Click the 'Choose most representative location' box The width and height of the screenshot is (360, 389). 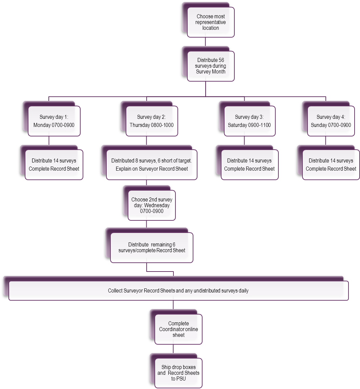click(x=211, y=22)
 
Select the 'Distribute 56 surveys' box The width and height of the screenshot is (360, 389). click(x=211, y=66)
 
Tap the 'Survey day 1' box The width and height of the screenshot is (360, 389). click(x=54, y=121)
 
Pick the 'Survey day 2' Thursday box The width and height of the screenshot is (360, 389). click(x=151, y=121)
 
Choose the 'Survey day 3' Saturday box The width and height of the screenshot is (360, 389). click(x=249, y=121)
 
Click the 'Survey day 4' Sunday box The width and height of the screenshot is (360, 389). click(x=331, y=121)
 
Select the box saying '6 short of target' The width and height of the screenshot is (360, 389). click(x=151, y=165)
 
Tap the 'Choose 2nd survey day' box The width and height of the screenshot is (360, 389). click(x=151, y=205)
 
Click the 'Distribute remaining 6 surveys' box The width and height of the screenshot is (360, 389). click(x=151, y=247)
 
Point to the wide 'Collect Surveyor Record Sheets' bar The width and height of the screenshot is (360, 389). click(x=178, y=290)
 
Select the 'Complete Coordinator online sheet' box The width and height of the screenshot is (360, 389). click(x=178, y=329)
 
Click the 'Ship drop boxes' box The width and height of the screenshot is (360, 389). click(x=178, y=373)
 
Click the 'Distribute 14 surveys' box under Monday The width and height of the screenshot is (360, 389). click(x=54, y=165)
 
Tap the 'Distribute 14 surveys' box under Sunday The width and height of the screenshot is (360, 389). click(x=331, y=165)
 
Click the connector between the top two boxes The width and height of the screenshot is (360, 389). click(x=206, y=41)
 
